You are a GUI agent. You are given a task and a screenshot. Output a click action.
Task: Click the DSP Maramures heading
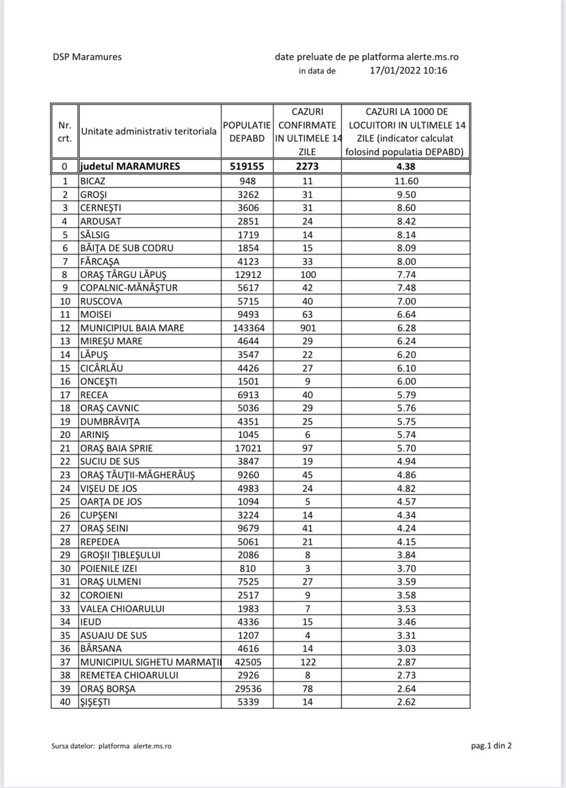87,57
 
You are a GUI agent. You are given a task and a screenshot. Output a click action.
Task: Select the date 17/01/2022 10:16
408,70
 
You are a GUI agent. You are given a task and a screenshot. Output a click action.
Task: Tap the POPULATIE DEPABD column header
247,131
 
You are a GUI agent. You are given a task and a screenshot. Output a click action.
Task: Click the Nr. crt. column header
65,131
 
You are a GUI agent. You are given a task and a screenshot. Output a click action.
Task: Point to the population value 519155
247,167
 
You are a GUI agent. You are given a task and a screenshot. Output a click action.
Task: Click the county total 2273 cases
307,167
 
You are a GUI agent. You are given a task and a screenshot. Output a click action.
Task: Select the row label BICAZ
93,181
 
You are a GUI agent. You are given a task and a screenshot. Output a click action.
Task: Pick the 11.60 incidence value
406,181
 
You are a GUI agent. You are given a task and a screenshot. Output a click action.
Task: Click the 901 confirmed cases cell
307,328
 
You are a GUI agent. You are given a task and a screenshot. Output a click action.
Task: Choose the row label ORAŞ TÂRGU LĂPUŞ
123,275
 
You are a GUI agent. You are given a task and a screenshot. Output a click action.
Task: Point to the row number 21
65,448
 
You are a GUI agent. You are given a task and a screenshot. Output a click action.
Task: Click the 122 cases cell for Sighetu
307,662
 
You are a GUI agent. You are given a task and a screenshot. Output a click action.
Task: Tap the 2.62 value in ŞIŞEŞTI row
406,702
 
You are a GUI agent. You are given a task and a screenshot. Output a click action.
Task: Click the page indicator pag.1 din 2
491,746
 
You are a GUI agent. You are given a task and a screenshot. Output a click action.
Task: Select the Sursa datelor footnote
111,746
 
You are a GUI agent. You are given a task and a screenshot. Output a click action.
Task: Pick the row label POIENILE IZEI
109,569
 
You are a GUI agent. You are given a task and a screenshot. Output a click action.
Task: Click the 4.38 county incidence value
406,167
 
